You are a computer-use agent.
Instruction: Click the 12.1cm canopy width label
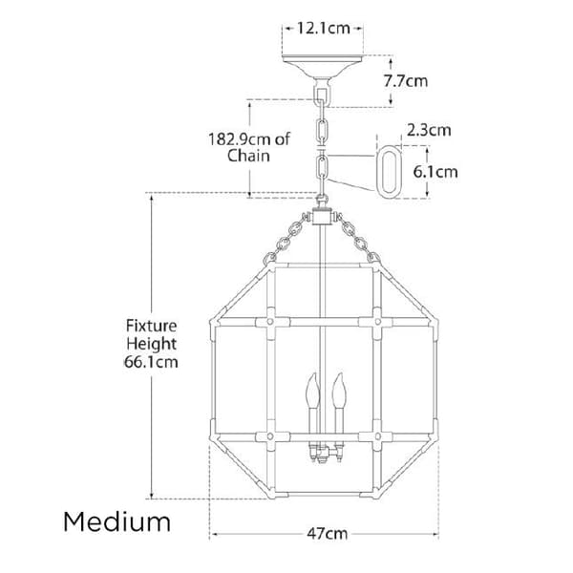click(x=323, y=28)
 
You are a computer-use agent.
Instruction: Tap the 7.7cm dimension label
click(x=406, y=81)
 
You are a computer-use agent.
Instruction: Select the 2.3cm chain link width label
click(x=429, y=130)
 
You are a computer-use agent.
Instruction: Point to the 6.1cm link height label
click(x=435, y=172)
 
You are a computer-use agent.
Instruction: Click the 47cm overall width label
click(x=327, y=534)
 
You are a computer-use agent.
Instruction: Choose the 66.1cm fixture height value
click(x=151, y=362)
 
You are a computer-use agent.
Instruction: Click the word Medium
click(x=117, y=521)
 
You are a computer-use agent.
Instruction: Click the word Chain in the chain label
click(x=248, y=156)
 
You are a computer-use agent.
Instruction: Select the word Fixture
click(x=151, y=326)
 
